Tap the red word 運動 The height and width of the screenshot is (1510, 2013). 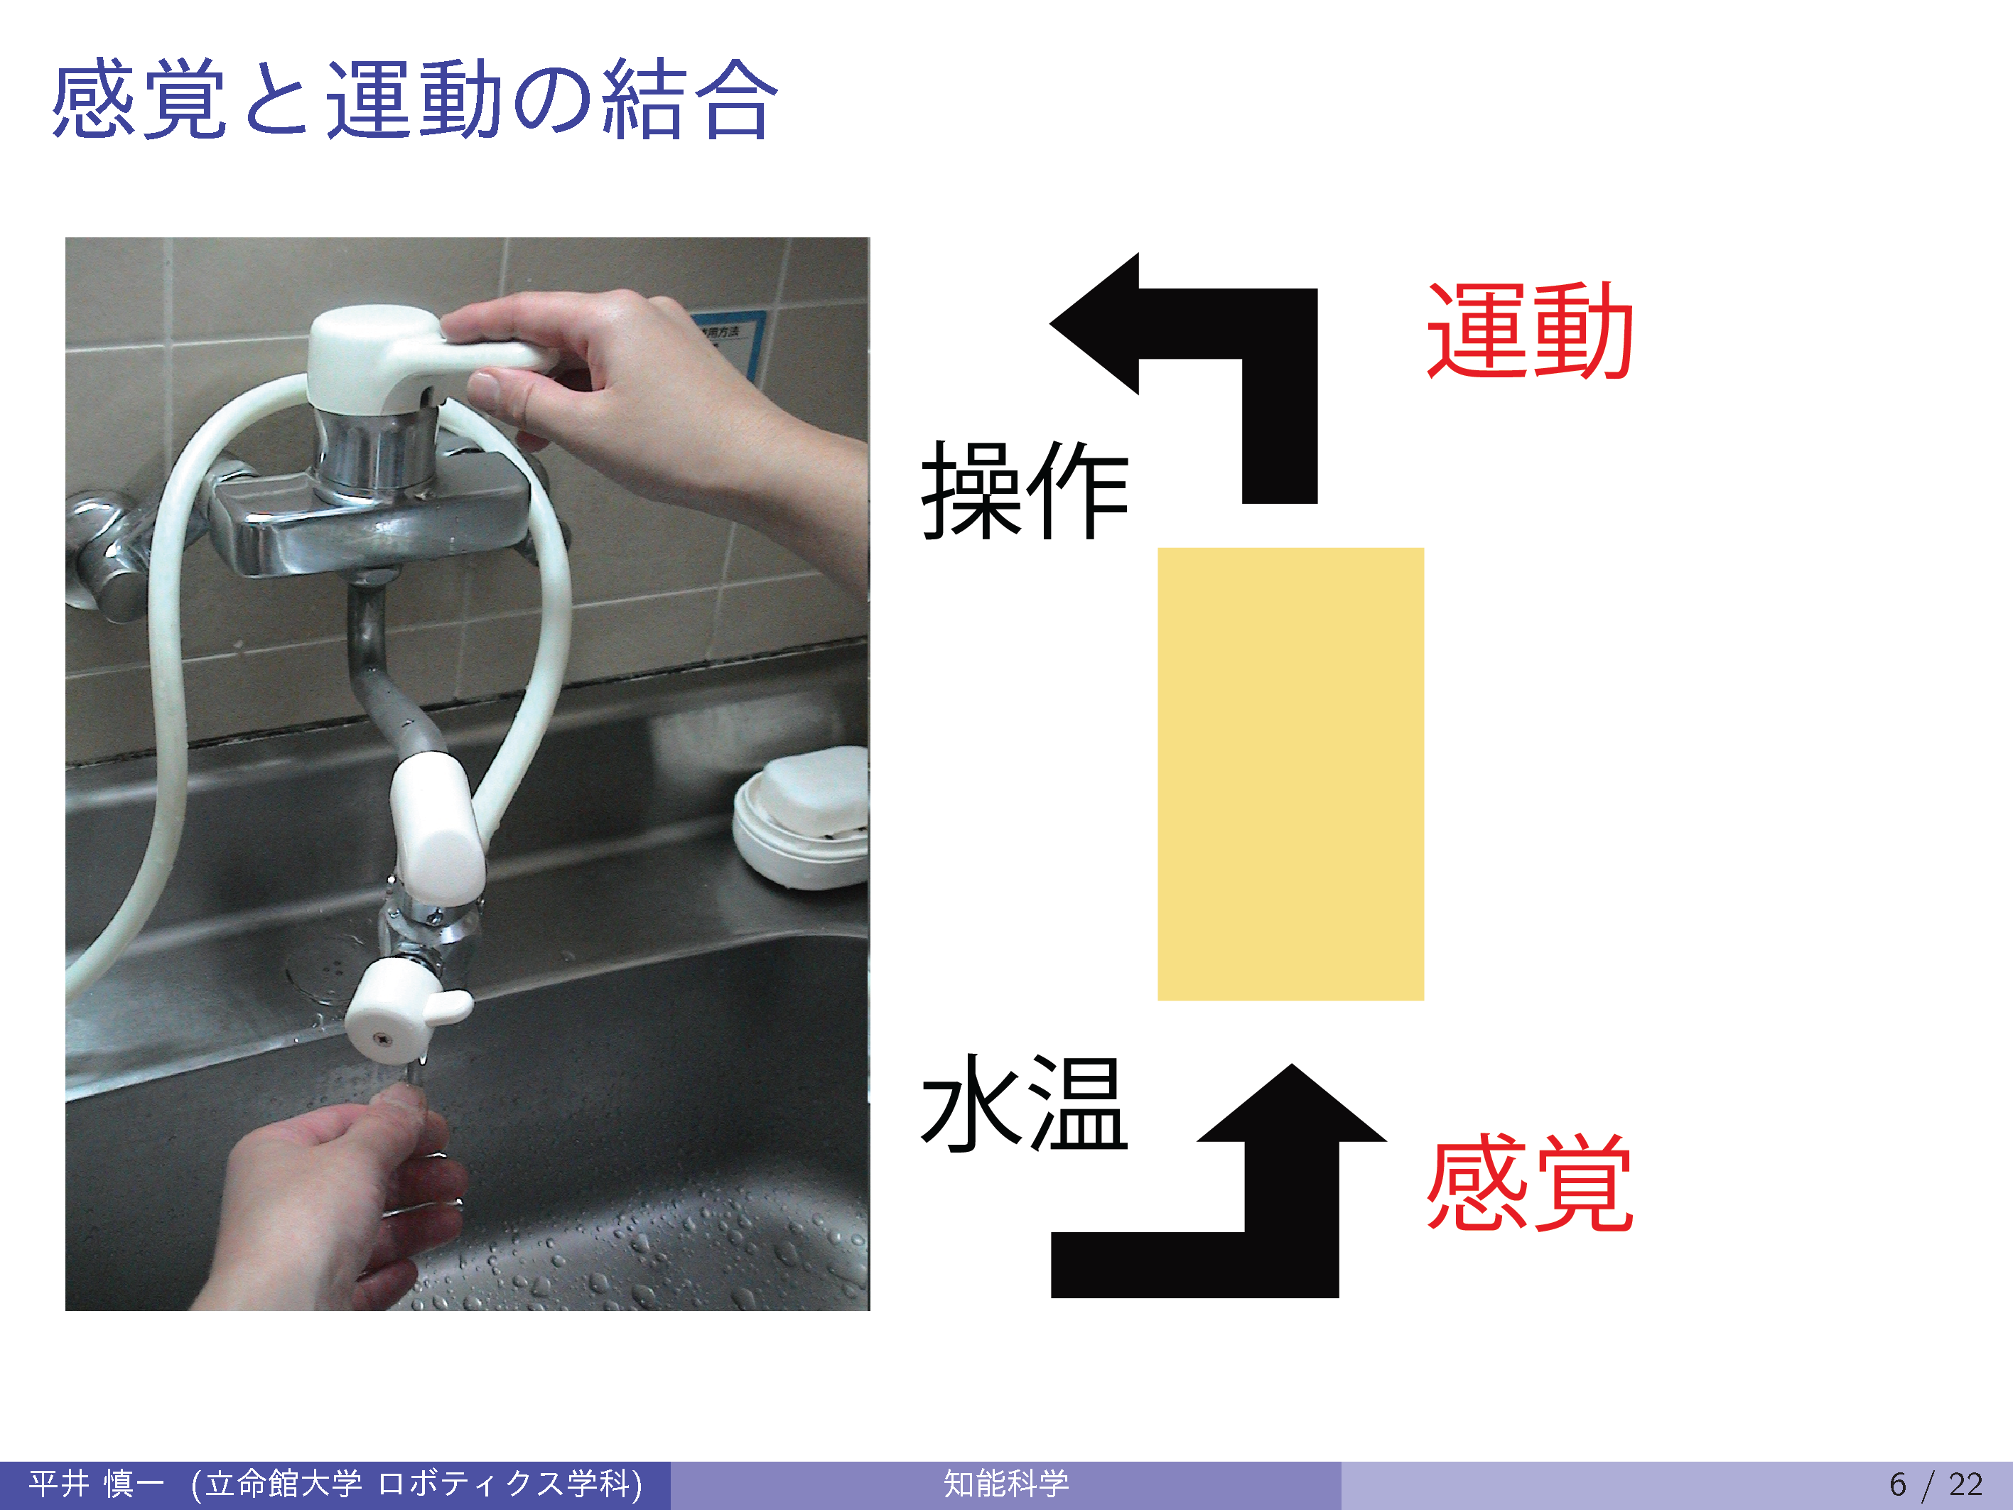[x=1530, y=330]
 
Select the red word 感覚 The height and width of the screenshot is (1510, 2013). [x=1530, y=1182]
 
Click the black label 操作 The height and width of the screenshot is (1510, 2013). [x=1025, y=490]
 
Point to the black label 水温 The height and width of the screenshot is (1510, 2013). [x=1025, y=1103]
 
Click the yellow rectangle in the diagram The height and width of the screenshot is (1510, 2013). [x=1290, y=774]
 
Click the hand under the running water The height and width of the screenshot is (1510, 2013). [x=337, y=1202]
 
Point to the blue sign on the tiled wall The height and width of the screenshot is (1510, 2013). [x=728, y=341]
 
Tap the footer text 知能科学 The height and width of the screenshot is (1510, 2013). [x=1005, y=1484]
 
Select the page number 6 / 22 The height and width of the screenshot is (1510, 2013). [x=1936, y=1484]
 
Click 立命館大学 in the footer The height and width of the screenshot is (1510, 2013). [x=283, y=1484]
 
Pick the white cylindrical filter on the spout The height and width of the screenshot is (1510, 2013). [x=437, y=829]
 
